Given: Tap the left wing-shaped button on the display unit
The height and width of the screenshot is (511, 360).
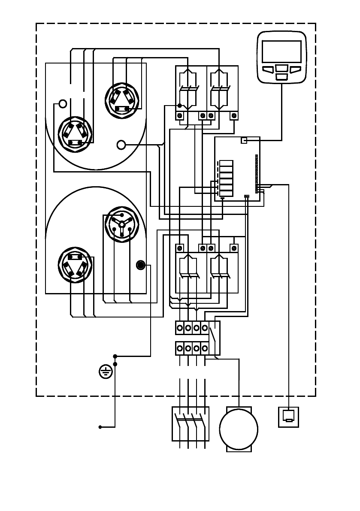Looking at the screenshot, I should pos(268,70).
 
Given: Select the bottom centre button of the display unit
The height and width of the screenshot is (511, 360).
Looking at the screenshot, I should pos(281,76).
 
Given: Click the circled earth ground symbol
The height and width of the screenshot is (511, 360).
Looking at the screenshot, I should pos(105,372).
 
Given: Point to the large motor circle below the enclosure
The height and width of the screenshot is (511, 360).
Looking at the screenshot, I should pos(239,429).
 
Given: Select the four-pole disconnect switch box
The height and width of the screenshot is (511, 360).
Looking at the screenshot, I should pos(191,423).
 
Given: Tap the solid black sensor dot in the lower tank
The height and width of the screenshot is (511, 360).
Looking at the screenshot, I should pos(140,265).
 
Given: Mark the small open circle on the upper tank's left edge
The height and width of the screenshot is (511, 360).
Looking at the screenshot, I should pos(63,104).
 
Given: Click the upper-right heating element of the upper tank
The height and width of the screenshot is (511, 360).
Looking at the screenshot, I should pos(122,99).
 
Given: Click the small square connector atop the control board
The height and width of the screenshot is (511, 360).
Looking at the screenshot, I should pos(244,140).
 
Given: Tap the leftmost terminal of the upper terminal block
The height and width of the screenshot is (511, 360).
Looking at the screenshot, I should pos(180,328).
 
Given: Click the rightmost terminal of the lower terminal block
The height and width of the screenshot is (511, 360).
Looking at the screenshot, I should pos(205,348).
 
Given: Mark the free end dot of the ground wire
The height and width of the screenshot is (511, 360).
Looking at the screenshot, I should pos(100,427).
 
